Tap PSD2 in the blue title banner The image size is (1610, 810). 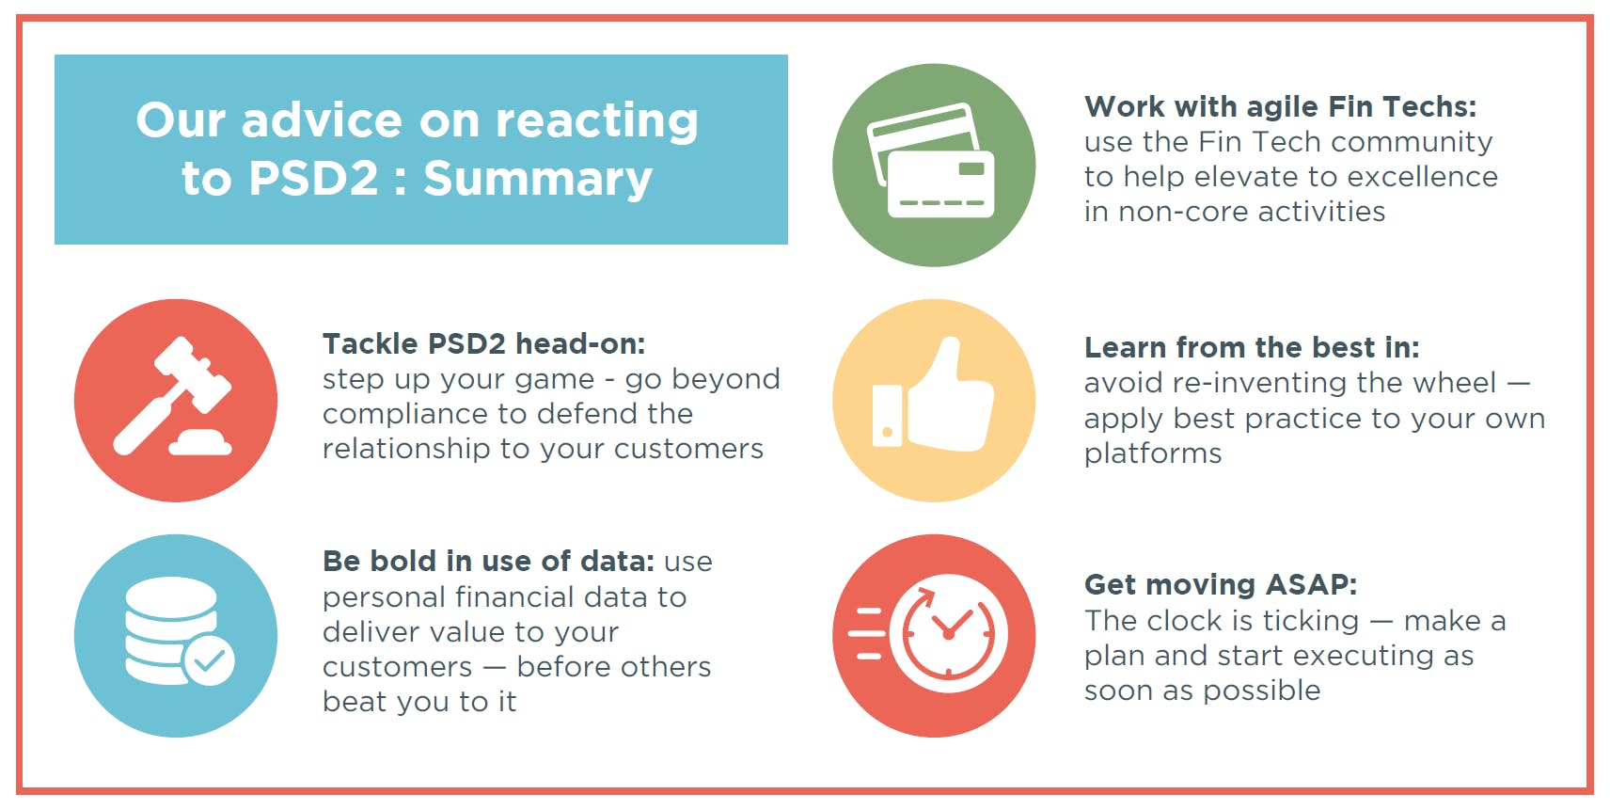pyautogui.click(x=313, y=178)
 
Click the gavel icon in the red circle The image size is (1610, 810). pyautogui.click(x=172, y=396)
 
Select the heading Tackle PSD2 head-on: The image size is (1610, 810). pyautogui.click(x=483, y=344)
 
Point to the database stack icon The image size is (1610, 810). pyautogui.click(x=171, y=629)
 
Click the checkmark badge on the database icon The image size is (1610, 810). pyautogui.click(x=209, y=660)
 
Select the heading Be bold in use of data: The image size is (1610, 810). pyautogui.click(x=489, y=562)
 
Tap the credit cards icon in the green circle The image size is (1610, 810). pyautogui.click(x=932, y=161)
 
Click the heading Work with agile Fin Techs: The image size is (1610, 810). pyautogui.click(x=1280, y=107)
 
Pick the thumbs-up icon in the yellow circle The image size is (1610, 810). pyautogui.click(x=933, y=394)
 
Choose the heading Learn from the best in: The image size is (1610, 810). pyautogui.click(x=1252, y=348)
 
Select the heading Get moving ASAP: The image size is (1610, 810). pyautogui.click(x=1221, y=585)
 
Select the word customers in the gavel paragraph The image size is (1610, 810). pyautogui.click(x=687, y=450)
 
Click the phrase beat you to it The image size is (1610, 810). pyautogui.click(x=419, y=702)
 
